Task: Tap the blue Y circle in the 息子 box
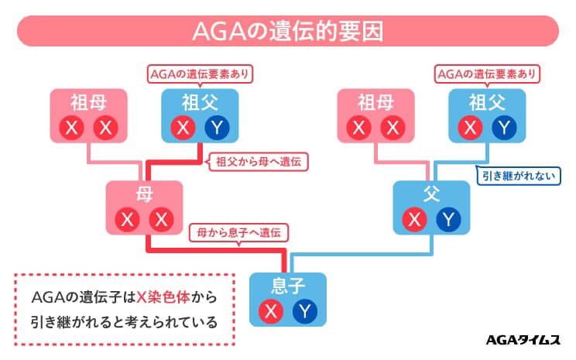[306, 311]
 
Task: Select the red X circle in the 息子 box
[270, 311]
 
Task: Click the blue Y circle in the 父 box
[448, 219]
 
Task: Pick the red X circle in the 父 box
[414, 219]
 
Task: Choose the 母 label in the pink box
[146, 194]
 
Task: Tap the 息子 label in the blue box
[288, 286]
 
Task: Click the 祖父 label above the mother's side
[201, 102]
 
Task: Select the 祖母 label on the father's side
[376, 102]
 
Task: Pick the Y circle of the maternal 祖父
[218, 127]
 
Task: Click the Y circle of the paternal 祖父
[505, 127]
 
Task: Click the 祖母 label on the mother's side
[87, 102]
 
